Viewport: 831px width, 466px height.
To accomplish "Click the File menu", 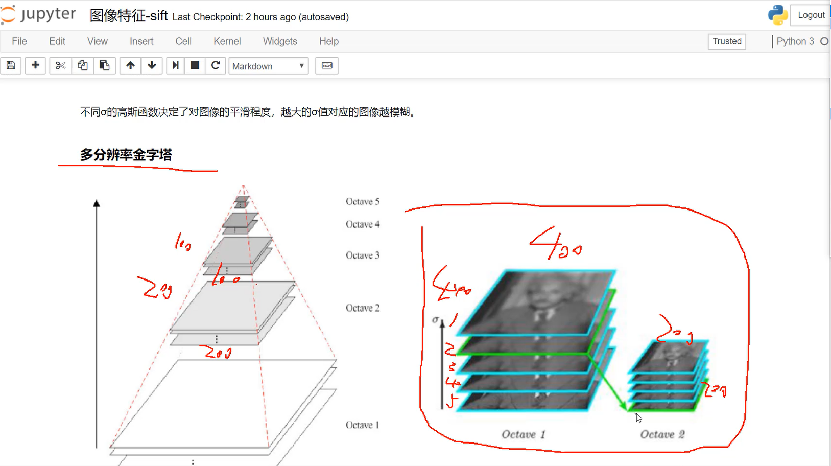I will pos(19,41).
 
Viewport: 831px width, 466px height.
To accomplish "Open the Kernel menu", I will pos(227,41).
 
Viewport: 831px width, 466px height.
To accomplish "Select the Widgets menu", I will pos(280,41).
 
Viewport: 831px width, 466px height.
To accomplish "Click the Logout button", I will pos(811,15).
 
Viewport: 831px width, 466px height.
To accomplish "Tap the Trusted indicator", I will pos(726,41).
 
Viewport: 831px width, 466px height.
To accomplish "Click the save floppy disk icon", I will pos(11,65).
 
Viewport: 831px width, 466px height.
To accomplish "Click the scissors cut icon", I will pos(60,65).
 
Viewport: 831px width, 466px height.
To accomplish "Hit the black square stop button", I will pos(195,65).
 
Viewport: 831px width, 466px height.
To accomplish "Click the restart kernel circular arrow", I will pos(216,65).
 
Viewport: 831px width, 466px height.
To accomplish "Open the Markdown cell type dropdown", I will pos(268,66).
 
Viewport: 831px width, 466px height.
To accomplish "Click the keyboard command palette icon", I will pos(327,65).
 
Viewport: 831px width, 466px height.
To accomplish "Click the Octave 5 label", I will pos(363,201).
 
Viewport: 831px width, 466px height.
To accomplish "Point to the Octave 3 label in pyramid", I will pos(363,255).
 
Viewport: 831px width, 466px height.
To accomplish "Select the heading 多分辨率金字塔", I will pos(126,155).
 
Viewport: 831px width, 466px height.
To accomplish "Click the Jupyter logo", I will pos(38,14).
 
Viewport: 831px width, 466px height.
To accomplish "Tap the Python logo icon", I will pos(777,15).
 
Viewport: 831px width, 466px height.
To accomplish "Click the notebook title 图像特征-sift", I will pos(129,16).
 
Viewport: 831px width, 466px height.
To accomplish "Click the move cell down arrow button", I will pos(152,65).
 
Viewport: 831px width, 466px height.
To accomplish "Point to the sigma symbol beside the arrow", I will pos(435,320).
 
